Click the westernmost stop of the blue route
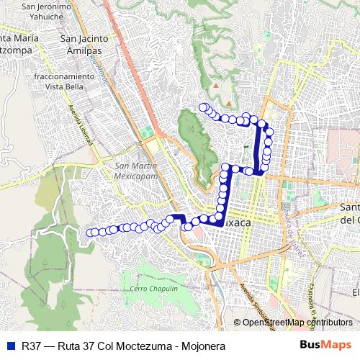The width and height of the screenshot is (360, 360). [91, 232]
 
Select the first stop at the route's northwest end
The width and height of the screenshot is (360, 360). [203, 108]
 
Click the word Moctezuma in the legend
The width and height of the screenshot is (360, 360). [133, 346]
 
